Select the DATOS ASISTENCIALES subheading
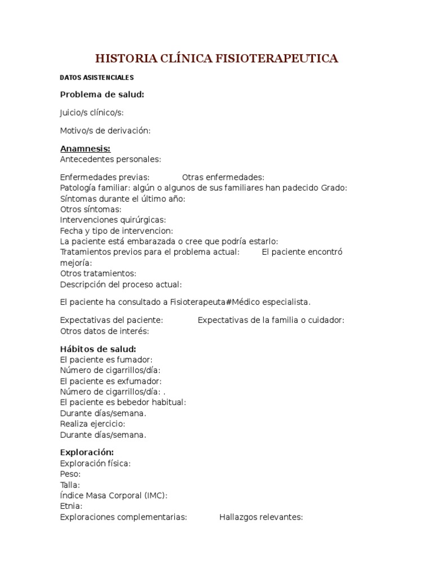(x=97, y=78)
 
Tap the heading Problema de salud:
(x=102, y=94)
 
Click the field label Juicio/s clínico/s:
(x=92, y=113)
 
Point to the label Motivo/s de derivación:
(x=105, y=131)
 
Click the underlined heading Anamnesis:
(x=85, y=149)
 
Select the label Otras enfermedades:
(x=223, y=177)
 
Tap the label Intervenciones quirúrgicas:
(x=113, y=220)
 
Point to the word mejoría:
(x=76, y=263)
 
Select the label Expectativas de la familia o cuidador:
(x=271, y=320)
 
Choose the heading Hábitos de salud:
(x=98, y=349)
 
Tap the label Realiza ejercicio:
(x=92, y=424)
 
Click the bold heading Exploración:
(x=87, y=452)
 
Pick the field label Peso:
(x=70, y=474)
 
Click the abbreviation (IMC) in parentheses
(x=156, y=495)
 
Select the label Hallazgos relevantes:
(x=261, y=517)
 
